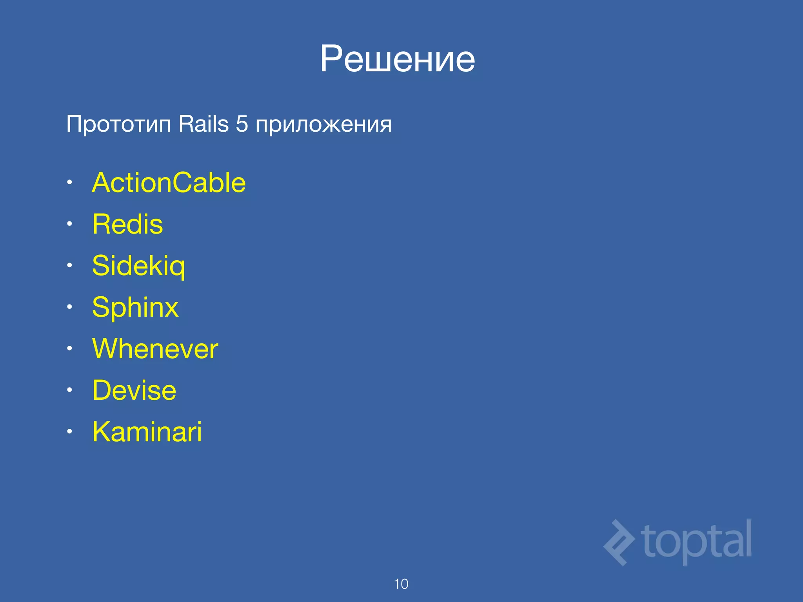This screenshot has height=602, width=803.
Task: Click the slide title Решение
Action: pos(397,59)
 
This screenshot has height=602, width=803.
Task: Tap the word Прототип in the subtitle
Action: pos(119,125)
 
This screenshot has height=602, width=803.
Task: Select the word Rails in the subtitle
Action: pos(203,124)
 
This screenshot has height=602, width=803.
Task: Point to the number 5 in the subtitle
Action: pos(242,124)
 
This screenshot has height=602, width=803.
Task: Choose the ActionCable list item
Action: pos(169,183)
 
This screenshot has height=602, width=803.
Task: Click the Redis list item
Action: pos(127,224)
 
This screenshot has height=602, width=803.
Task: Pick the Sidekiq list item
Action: pos(138,266)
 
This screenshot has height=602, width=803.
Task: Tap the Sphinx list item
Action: pos(135,308)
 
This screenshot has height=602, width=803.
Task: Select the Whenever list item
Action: pos(155,349)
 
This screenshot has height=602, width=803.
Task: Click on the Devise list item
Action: pos(134,390)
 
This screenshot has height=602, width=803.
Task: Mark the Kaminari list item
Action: pos(147,432)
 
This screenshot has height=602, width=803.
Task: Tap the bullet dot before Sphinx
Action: pos(69,307)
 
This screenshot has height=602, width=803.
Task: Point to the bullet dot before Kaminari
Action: pos(69,432)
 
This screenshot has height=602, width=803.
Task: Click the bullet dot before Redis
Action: pos(69,224)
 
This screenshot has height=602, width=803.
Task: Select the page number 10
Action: pos(401,584)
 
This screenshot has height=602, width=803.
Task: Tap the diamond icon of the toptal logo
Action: pos(619,542)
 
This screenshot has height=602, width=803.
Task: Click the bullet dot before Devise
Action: pos(69,390)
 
